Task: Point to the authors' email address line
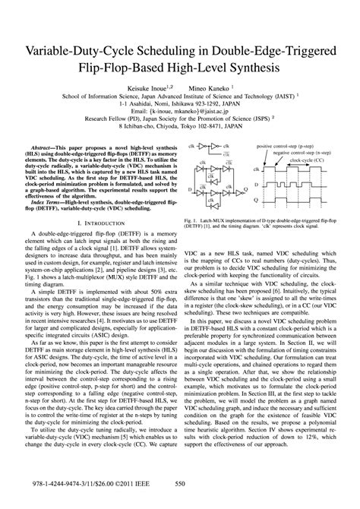[x=180, y=111]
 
